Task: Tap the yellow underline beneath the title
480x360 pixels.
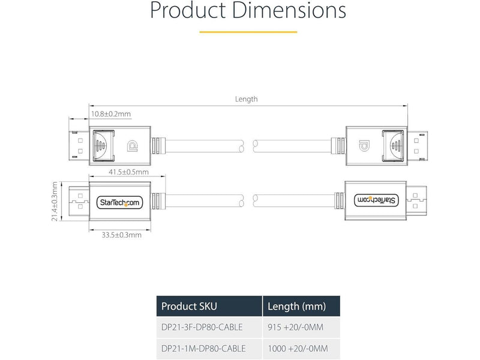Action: (248, 31)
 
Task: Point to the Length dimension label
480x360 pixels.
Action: (246, 99)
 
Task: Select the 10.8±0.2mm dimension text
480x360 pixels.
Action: (110, 113)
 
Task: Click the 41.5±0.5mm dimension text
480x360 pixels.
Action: (128, 172)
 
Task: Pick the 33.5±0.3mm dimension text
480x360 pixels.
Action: (121, 235)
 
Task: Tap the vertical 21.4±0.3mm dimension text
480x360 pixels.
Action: (54, 202)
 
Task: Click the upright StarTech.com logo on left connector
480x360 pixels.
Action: (118, 203)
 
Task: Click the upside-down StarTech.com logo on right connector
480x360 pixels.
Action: (377, 199)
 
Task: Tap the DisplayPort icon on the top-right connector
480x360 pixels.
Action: (363, 145)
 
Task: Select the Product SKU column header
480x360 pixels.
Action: (189, 307)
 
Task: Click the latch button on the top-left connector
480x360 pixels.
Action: (100, 145)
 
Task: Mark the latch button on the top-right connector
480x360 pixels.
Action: (395, 145)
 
